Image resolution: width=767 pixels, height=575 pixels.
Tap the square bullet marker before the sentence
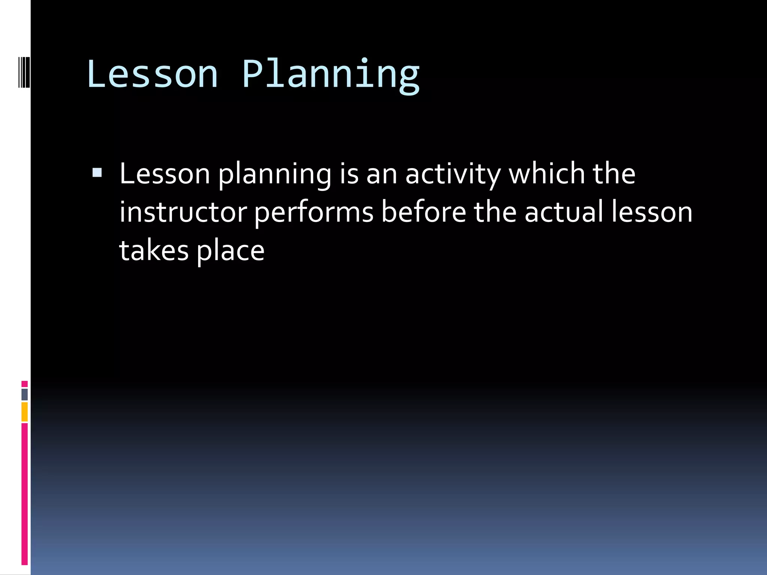tap(97, 173)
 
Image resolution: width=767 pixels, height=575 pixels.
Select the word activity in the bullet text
tap(453, 175)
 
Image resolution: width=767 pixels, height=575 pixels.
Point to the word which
tap(547, 174)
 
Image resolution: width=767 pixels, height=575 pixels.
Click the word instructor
tap(183, 212)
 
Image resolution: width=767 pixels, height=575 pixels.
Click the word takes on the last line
tap(154, 250)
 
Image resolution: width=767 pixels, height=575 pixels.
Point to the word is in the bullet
tap(349, 174)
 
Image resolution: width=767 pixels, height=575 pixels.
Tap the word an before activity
tap(381, 175)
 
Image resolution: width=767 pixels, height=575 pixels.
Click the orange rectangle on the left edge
tap(25, 412)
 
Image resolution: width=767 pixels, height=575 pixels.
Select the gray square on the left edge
tap(25, 395)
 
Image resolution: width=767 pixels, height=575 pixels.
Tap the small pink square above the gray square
tap(25, 384)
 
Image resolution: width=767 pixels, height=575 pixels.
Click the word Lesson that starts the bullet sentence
tap(165, 174)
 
